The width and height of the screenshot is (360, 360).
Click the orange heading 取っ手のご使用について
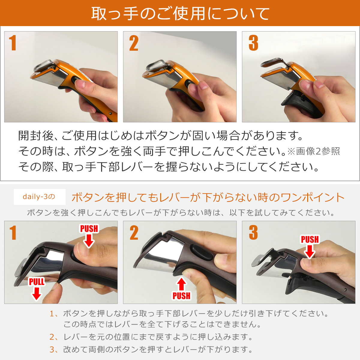[180, 13]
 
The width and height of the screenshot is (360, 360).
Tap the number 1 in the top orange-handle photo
[13, 43]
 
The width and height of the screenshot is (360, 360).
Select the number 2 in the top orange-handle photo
[134, 43]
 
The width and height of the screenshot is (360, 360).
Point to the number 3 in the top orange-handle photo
[253, 43]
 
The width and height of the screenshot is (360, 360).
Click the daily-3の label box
[39, 197]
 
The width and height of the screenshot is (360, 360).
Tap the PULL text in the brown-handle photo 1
[37, 281]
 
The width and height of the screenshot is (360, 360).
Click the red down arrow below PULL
[37, 294]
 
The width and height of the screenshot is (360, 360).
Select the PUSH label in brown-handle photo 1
[89, 229]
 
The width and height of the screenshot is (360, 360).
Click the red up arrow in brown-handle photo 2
[181, 284]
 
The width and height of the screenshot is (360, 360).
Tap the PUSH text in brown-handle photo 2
[181, 296]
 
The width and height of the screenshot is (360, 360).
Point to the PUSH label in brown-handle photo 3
[310, 239]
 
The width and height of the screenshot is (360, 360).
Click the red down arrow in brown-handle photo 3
[309, 251]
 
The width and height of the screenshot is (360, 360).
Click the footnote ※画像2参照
[313, 151]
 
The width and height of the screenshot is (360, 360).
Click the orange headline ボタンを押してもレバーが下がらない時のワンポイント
[208, 197]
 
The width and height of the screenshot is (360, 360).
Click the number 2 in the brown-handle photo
[134, 233]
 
